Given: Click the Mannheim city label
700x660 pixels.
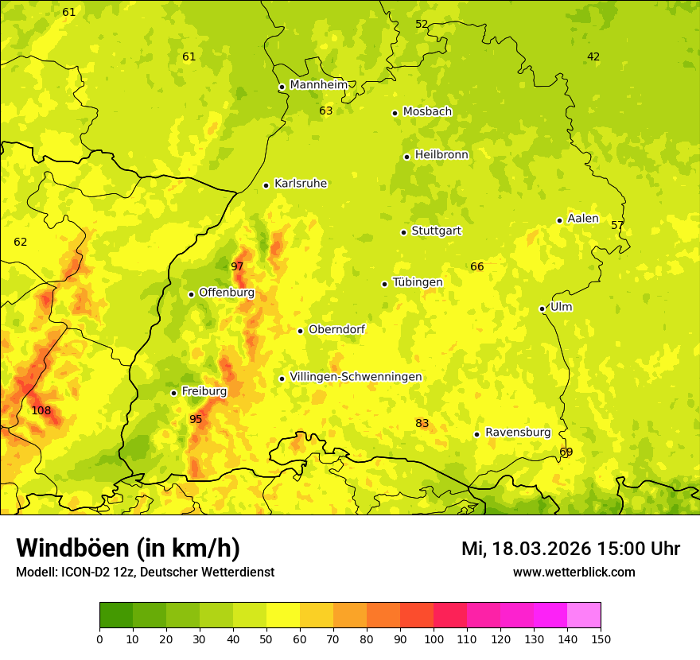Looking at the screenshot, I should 318,85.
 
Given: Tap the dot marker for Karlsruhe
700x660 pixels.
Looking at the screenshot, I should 266,185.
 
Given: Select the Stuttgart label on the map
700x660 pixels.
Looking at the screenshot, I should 436,231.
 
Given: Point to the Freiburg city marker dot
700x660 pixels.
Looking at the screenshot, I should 173,393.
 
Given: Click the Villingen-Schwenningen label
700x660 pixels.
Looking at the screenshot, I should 356,377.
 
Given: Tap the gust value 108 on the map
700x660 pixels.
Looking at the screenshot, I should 41,411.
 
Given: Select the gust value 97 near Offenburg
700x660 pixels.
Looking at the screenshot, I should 237,266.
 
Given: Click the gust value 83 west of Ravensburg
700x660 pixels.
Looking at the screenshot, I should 422,424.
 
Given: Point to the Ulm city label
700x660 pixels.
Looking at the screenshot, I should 561,307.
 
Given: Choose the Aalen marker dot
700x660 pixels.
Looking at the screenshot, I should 559,220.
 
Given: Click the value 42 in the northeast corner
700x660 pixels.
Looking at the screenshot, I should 593,56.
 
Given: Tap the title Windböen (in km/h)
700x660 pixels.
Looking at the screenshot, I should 128,549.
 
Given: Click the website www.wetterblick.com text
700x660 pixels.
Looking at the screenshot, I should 574,573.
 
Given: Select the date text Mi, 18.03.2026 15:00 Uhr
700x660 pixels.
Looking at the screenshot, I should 570,549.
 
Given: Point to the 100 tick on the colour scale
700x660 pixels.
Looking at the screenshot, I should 434,639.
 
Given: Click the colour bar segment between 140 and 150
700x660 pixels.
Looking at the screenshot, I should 584,615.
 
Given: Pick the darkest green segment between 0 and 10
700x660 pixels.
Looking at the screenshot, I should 116,615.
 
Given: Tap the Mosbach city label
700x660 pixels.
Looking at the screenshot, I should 427,112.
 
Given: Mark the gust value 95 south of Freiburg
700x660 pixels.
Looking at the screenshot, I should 196,420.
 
